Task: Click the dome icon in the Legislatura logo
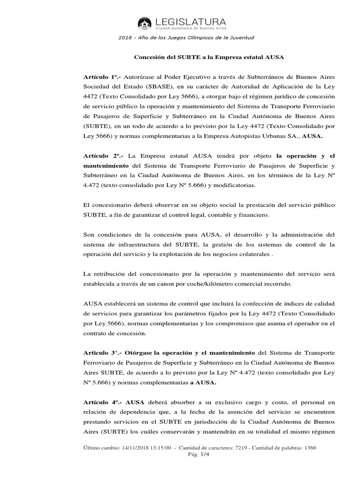point(144,23)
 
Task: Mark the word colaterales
point(252,255)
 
